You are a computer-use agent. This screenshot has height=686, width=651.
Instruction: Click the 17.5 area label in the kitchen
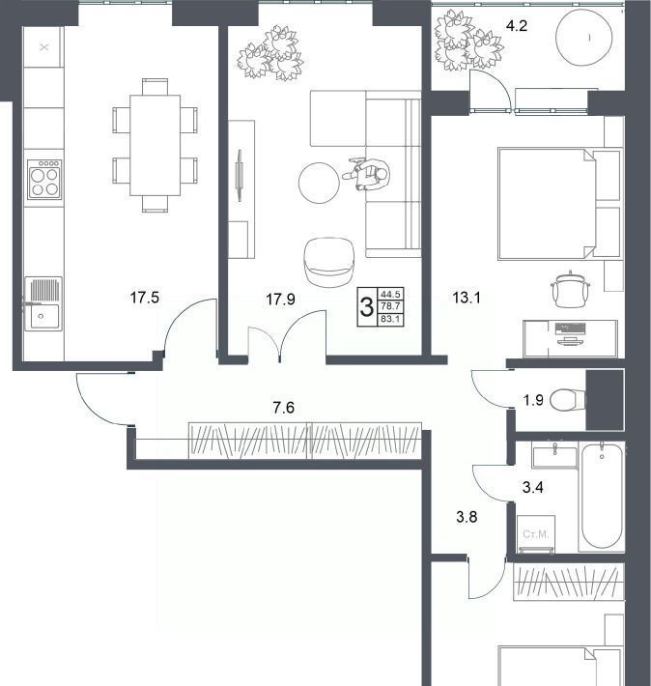tap(144, 298)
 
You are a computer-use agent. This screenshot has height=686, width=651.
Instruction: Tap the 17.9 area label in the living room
tap(280, 300)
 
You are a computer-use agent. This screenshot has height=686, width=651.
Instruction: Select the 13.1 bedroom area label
tap(467, 298)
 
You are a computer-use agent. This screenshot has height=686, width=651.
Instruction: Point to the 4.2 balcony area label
tap(516, 26)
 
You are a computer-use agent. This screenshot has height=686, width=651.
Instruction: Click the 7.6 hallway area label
tap(284, 408)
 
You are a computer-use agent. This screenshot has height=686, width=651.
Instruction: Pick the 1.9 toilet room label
tap(534, 400)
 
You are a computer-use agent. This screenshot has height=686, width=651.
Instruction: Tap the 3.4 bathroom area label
tap(533, 487)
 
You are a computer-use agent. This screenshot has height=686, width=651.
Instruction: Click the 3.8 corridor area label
tap(467, 517)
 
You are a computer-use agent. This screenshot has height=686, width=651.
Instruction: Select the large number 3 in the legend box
tap(367, 306)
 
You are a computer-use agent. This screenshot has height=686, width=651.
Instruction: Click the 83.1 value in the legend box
tap(390, 320)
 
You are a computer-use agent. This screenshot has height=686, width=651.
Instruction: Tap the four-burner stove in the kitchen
tap(44, 180)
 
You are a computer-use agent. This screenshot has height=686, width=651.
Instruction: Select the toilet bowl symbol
tap(567, 400)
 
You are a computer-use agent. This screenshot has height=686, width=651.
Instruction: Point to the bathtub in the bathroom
tap(602, 496)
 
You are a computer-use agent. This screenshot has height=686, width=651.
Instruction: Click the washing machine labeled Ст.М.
tap(536, 534)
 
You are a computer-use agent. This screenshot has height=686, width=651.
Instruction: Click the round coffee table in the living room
tap(320, 183)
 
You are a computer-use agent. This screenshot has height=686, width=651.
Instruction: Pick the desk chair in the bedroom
tap(571, 289)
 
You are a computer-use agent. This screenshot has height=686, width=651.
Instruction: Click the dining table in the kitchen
tap(156, 145)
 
